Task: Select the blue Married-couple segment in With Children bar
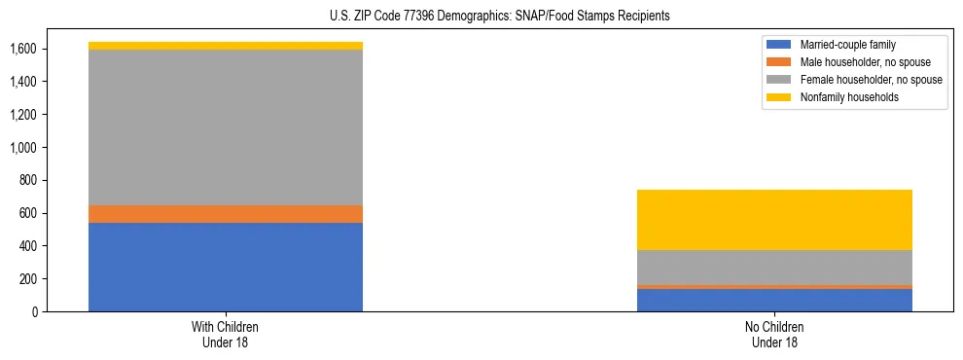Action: (x=226, y=267)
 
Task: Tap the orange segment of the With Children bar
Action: (x=226, y=214)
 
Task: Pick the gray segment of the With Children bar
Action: (x=226, y=126)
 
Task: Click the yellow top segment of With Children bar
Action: (x=226, y=46)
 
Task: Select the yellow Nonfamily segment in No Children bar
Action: (x=774, y=220)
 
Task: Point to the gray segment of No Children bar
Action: (x=774, y=268)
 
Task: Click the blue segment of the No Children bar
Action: (x=774, y=301)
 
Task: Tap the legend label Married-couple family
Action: (x=848, y=45)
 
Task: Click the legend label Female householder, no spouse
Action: (x=871, y=80)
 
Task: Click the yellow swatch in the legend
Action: (x=779, y=97)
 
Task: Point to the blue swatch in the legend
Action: (x=779, y=45)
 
